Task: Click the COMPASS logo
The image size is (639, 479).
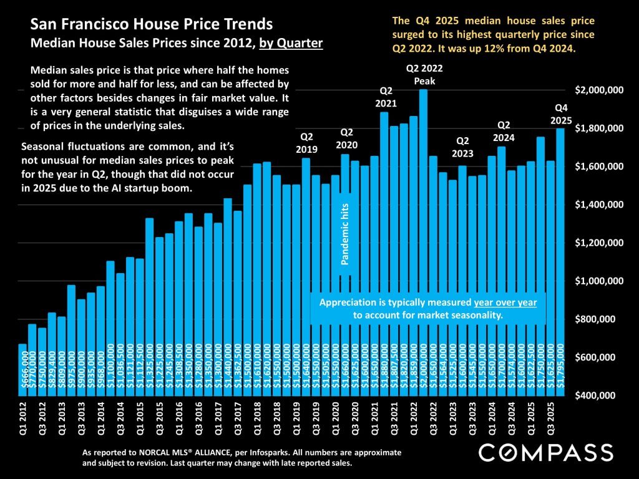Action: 545,452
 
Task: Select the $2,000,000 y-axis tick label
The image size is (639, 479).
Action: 599,90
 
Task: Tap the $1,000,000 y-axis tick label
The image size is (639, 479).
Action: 599,281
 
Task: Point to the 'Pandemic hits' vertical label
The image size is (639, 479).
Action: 346,233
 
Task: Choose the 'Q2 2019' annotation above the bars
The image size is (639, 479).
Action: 307,143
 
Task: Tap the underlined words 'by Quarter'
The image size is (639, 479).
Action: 291,44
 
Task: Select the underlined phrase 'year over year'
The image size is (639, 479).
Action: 505,302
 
